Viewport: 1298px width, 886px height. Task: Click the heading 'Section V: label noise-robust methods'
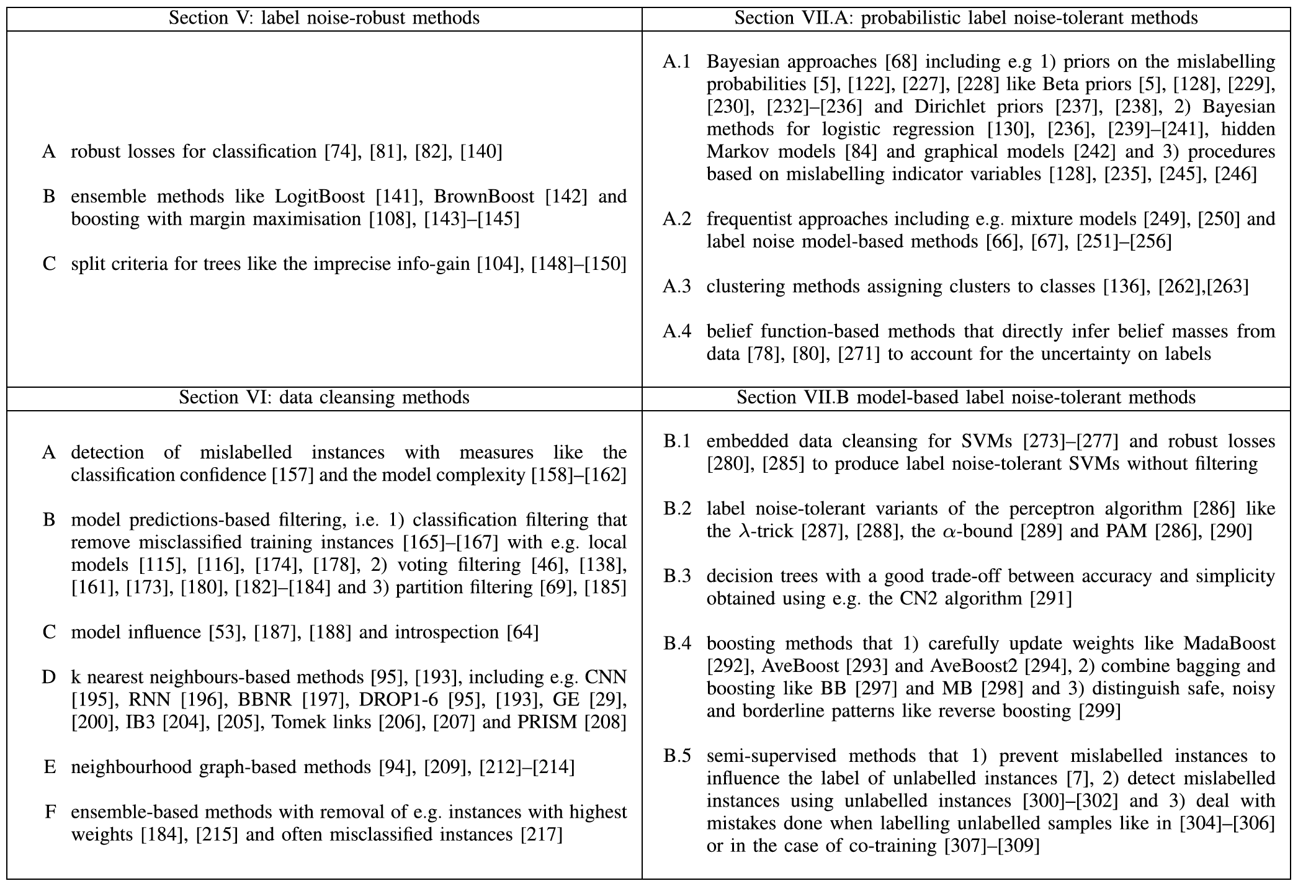pyautogui.click(x=324, y=18)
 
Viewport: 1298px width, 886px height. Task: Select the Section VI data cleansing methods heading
pyautogui.click(x=324, y=397)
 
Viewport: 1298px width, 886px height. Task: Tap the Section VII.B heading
pyautogui.click(x=966, y=397)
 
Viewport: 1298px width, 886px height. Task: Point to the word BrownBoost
pyautogui.click(x=484, y=197)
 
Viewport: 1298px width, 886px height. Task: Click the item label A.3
pyautogui.click(x=676, y=287)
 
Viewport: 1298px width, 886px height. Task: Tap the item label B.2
pyautogui.click(x=676, y=509)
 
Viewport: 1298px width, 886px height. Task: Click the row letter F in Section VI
pyautogui.click(x=50, y=812)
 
